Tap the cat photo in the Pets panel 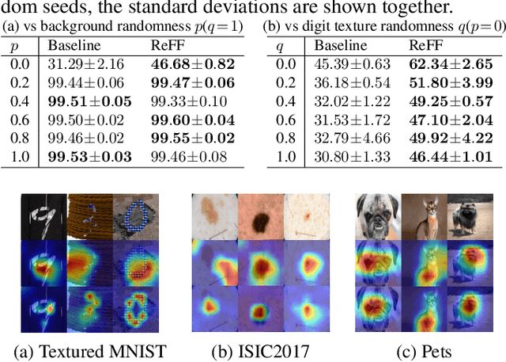(x=420, y=215)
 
